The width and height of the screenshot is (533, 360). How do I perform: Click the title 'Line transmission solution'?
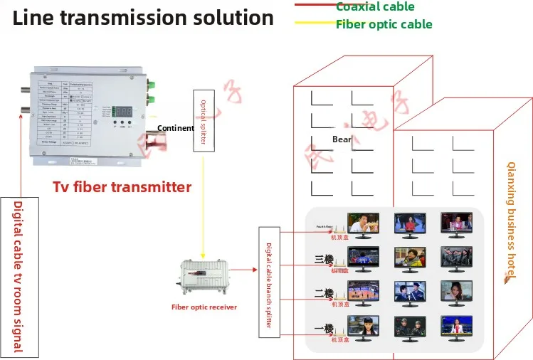point(143,18)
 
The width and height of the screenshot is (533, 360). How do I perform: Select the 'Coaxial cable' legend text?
point(375,7)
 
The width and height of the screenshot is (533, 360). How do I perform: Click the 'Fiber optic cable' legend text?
point(384,24)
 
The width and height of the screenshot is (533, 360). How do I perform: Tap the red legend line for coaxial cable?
point(314,6)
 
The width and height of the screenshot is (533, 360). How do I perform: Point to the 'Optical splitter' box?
point(202,120)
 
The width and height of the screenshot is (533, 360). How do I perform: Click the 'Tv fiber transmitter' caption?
point(122,187)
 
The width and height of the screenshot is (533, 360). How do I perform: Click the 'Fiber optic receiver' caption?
point(204,307)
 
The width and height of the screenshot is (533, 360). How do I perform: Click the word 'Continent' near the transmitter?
point(175,129)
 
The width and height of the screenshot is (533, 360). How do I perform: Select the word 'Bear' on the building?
point(342,139)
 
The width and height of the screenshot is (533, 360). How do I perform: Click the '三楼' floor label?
point(324,259)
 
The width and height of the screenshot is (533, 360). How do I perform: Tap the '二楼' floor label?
point(324,293)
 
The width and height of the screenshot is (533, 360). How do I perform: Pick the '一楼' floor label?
point(324,329)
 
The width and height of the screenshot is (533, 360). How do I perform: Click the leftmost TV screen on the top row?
point(363,223)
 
